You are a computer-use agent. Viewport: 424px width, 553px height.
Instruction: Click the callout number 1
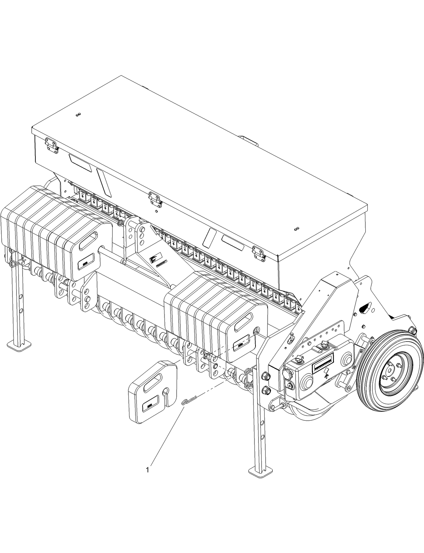click(x=147, y=469)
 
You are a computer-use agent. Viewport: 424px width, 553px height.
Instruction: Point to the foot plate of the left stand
click(x=19, y=345)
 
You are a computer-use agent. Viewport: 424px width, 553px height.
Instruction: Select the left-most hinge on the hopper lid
click(x=52, y=147)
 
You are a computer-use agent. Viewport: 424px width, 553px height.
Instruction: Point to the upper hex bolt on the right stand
click(x=265, y=376)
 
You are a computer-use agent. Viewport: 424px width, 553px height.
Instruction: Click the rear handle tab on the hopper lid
click(x=248, y=139)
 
